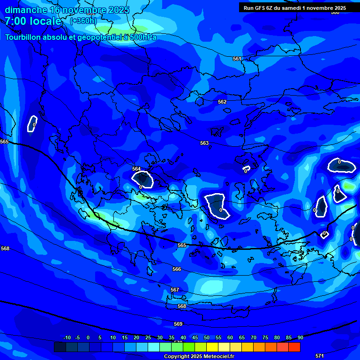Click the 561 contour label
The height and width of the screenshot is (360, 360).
click(x=237, y=59)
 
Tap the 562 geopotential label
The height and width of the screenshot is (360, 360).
click(x=222, y=102)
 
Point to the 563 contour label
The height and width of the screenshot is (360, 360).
click(x=204, y=143)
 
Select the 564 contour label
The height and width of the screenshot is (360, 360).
click(x=136, y=169)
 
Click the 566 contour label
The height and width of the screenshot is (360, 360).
click(x=177, y=269)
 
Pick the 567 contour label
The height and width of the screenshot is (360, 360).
click(x=175, y=290)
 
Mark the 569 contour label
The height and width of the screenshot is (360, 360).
click(x=178, y=324)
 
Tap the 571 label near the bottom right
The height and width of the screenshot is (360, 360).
click(x=320, y=356)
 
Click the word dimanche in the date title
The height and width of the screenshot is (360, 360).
click(x=26, y=9)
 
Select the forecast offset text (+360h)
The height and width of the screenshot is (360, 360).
click(x=83, y=21)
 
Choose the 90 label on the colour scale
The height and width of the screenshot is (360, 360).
click(x=300, y=337)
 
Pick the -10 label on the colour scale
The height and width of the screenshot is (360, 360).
click(x=67, y=337)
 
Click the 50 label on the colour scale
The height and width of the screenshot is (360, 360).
click(x=207, y=337)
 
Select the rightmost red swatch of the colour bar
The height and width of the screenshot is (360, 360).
click(x=294, y=347)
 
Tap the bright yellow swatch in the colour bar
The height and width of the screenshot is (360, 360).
click(x=212, y=347)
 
